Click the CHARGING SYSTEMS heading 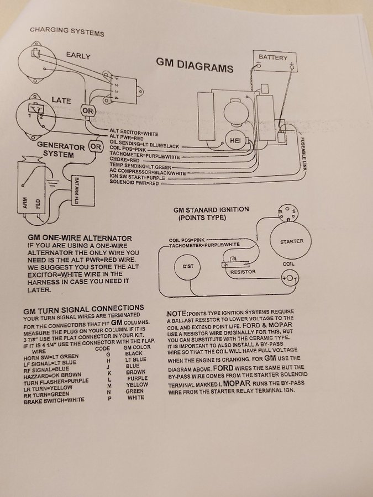(x=67, y=31)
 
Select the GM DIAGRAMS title (x=195, y=65)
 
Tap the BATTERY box (x=275, y=61)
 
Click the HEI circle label (x=235, y=141)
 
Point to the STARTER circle (x=290, y=241)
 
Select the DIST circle (x=188, y=267)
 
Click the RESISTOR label (x=243, y=272)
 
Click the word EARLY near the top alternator (x=78, y=55)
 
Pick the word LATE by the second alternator (x=61, y=101)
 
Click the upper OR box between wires (x=88, y=111)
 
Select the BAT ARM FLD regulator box (x=83, y=191)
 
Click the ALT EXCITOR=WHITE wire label (x=134, y=132)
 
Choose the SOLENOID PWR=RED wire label (x=134, y=183)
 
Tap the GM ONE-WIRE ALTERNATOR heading (x=80, y=238)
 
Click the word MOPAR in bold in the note (x=237, y=383)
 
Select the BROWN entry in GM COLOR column (x=136, y=372)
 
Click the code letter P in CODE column (x=109, y=398)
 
